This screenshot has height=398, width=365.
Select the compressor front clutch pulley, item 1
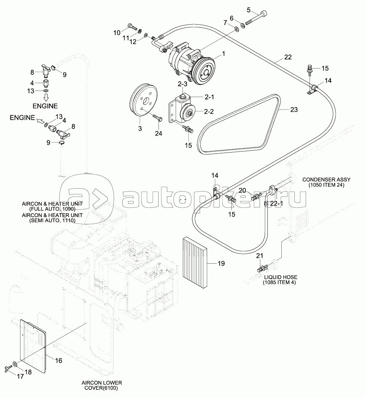click(x=204, y=71)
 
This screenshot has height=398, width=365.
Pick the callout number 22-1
click(x=277, y=203)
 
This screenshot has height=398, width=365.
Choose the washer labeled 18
click(x=15, y=364)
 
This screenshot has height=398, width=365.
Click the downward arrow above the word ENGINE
click(x=46, y=98)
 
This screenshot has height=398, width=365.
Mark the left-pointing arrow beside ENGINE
click(x=40, y=121)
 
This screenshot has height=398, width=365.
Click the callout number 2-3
click(x=182, y=84)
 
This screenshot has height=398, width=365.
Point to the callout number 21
click(x=260, y=256)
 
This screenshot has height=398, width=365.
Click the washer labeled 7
click(x=236, y=29)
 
